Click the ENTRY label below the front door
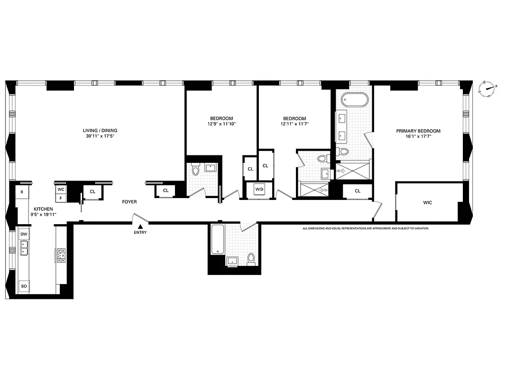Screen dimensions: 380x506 [x=140, y=232]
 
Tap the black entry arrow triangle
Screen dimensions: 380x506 [x=140, y=226]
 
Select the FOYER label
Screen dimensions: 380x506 [x=129, y=202]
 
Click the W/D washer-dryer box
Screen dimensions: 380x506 [x=259, y=190]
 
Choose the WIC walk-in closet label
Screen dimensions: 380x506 [x=428, y=202]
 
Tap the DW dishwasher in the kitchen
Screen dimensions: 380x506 [x=23, y=234]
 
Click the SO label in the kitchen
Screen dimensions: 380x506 [x=23, y=286]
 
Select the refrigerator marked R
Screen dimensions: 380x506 [x=22, y=192]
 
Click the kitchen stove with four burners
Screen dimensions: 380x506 [x=61, y=256]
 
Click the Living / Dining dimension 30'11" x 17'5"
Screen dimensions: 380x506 [x=100, y=136]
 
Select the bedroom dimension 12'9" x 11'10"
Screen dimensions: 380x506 [x=221, y=124]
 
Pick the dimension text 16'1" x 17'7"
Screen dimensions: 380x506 [x=418, y=136]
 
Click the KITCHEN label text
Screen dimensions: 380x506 [x=42, y=209]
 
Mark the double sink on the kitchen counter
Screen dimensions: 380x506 [x=23, y=247]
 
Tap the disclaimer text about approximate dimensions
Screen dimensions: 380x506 [x=365, y=228]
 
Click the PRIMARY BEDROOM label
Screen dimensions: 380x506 [x=418, y=131]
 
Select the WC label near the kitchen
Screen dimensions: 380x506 [x=61, y=189]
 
